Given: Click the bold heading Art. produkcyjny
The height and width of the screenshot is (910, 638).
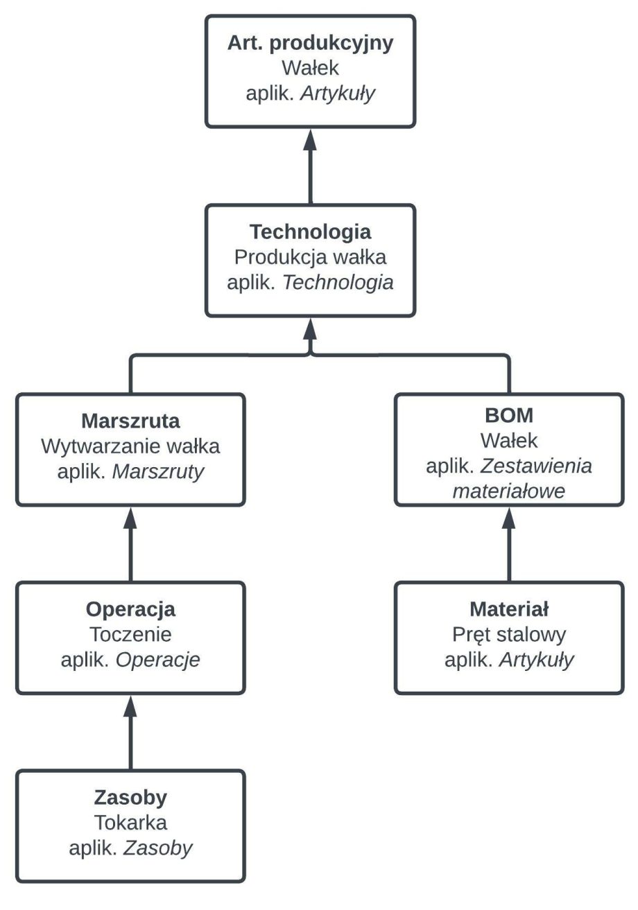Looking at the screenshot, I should tap(310, 43).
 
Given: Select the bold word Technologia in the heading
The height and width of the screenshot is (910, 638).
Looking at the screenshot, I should tap(310, 232).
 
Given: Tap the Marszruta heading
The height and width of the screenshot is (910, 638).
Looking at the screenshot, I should tap(130, 421).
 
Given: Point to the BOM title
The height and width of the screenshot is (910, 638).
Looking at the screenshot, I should tap(509, 415).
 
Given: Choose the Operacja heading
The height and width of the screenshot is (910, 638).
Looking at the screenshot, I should tap(130, 609).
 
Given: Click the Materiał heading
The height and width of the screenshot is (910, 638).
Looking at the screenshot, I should tap(509, 609).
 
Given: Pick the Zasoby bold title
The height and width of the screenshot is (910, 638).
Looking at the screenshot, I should tap(130, 798).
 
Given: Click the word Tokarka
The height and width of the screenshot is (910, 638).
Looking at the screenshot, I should tap(130, 823).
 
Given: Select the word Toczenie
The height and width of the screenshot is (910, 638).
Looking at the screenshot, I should tap(130, 634).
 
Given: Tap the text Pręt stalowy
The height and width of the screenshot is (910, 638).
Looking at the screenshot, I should tap(509, 634).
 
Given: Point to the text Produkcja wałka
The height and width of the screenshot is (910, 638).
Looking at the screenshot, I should tap(310, 257).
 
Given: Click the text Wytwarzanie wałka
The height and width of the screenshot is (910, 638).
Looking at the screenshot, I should tap(130, 446).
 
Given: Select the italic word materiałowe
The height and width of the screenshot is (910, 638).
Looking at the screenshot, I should tap(509, 491).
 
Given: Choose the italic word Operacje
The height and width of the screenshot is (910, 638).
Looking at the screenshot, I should tap(157, 659).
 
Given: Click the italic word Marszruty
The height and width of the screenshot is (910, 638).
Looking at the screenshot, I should tap(158, 471).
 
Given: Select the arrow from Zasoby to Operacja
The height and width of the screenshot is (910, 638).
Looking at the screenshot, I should tap(130, 735).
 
